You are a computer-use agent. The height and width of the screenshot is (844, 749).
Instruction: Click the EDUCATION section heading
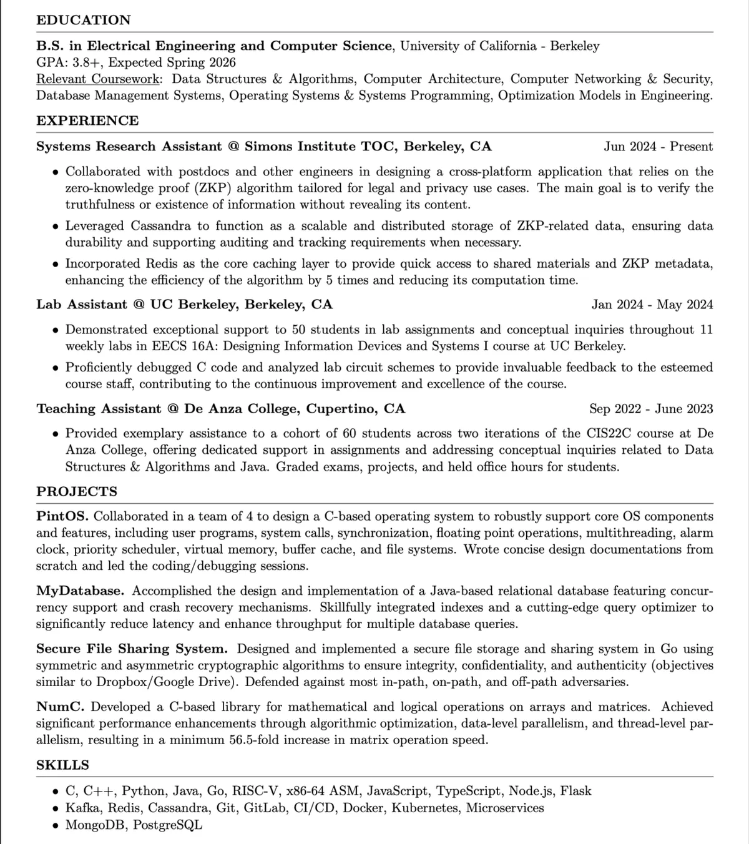(84, 20)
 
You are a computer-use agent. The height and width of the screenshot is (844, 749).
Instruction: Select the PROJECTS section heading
(77, 491)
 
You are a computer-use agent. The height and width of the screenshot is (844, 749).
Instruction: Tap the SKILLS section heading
(62, 765)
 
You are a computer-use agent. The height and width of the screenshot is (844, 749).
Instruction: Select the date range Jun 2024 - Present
(658, 147)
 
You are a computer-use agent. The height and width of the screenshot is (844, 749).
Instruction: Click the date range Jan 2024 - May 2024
(652, 305)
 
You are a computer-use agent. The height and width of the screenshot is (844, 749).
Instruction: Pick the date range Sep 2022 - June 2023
(651, 409)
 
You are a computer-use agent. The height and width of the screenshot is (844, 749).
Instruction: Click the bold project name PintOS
(62, 517)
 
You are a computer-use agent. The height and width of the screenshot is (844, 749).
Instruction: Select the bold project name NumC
(60, 707)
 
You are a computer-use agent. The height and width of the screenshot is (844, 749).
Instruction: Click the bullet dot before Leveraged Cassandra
(56, 227)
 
